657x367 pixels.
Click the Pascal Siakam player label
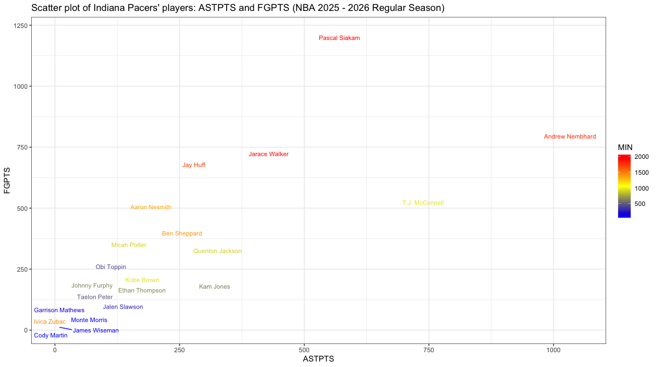339,38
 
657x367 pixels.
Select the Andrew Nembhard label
570,137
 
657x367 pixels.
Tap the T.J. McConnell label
423,203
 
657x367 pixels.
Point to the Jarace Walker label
268,154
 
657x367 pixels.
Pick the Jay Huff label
194,165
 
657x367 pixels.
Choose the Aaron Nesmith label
151,208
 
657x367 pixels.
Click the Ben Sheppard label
182,234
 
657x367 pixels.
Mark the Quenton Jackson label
217,251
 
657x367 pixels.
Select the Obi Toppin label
111,267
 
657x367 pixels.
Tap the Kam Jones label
215,287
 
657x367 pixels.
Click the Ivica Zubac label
50,322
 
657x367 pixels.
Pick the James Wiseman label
96,331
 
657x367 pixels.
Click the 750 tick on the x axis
429,349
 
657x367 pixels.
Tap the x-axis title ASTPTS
319,359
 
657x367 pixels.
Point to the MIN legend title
625,147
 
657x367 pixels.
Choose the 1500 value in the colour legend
641,173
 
